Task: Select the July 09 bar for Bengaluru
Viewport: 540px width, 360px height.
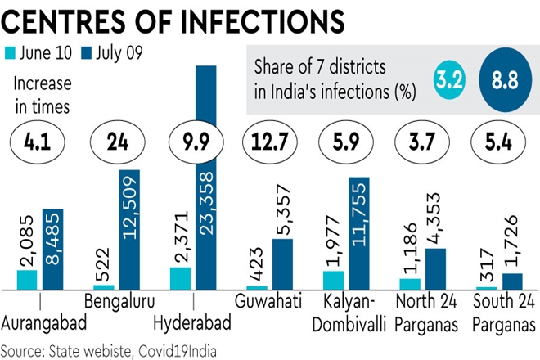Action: tap(129, 229)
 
